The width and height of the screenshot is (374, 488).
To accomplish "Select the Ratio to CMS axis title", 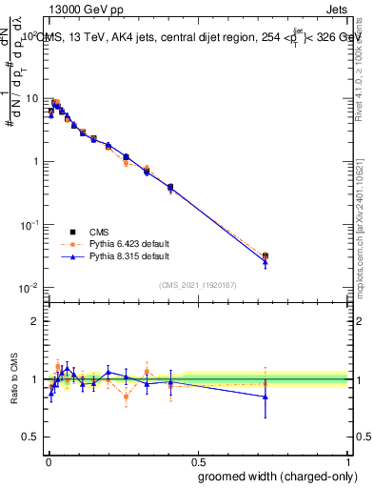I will (x=14, y=379).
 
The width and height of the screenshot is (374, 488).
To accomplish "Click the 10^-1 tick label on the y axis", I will (x=30, y=225).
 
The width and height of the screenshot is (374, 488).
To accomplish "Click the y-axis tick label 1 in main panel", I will (x=35, y=161).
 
